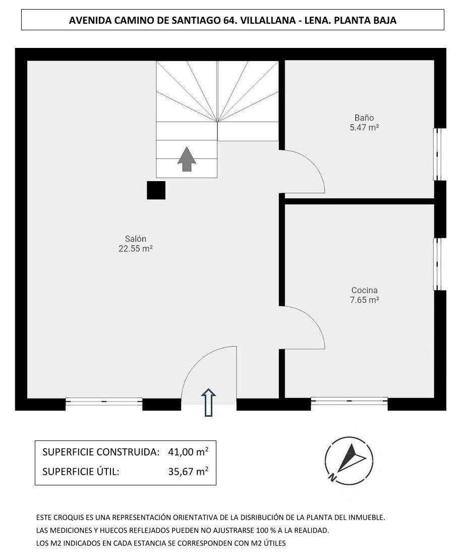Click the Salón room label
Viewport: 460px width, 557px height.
[136, 239]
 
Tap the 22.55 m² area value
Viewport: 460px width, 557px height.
[136, 248]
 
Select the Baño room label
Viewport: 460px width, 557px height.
[364, 118]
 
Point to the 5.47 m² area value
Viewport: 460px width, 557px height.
[364, 128]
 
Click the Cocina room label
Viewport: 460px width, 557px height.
[364, 290]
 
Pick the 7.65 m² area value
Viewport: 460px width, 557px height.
[364, 300]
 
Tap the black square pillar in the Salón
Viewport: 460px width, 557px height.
[156, 190]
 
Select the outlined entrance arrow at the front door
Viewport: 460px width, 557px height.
[208, 403]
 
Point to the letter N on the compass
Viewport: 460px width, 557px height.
[331, 477]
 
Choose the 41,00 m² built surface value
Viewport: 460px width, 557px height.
[188, 452]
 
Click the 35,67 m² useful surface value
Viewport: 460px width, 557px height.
[188, 472]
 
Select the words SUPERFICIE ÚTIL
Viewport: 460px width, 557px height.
[81, 472]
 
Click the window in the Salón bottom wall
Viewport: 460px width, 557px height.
[104, 402]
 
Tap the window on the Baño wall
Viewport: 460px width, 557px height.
[437, 154]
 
